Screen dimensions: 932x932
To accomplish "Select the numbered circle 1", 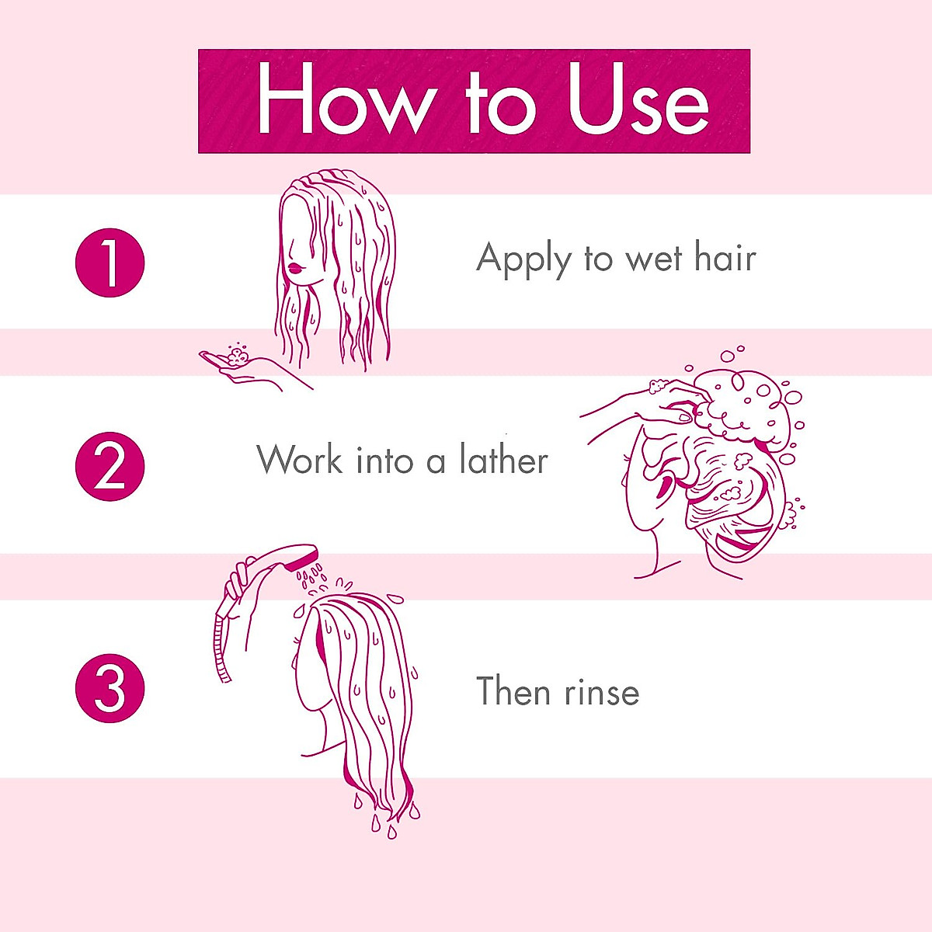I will point(110,263).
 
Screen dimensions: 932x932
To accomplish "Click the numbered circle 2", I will point(110,467).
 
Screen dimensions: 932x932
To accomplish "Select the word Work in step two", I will point(300,460).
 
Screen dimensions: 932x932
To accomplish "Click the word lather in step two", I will point(503,460).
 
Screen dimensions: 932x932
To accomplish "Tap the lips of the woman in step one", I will point(294,268).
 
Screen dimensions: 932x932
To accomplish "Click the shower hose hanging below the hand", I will point(220,645).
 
